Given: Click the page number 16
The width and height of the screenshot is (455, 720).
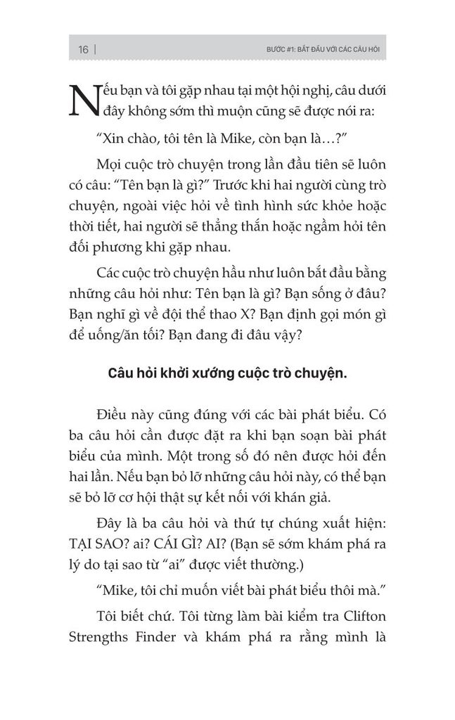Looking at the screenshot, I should (83, 50).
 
